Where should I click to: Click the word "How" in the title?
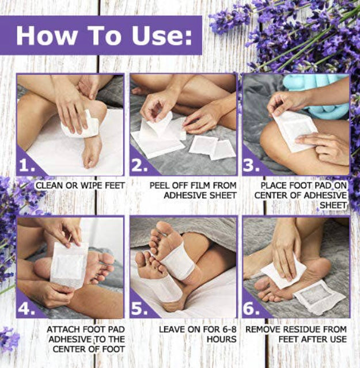point(46,35)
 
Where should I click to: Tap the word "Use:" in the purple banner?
point(162,35)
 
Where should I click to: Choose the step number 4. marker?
point(27,309)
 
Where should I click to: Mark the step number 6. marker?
point(252,309)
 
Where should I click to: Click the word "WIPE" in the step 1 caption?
point(91,185)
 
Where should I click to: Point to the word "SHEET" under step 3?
point(334,205)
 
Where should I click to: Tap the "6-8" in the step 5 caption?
point(229,329)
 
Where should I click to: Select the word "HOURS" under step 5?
point(222,339)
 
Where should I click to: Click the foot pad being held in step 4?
point(68,264)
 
